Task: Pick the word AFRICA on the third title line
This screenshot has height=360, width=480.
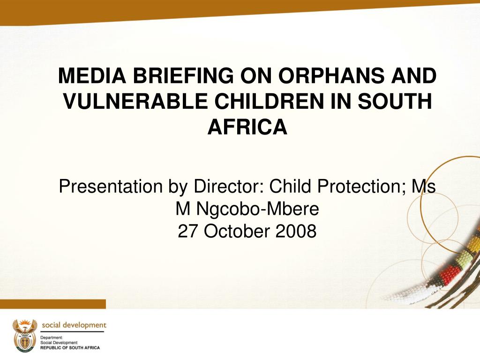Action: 247,127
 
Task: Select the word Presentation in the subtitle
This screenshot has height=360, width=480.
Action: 110,187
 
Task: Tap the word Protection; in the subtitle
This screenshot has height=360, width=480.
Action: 362,187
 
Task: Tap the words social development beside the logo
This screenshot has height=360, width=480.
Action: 74,325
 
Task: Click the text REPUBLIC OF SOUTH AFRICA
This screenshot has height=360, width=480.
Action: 70,348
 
